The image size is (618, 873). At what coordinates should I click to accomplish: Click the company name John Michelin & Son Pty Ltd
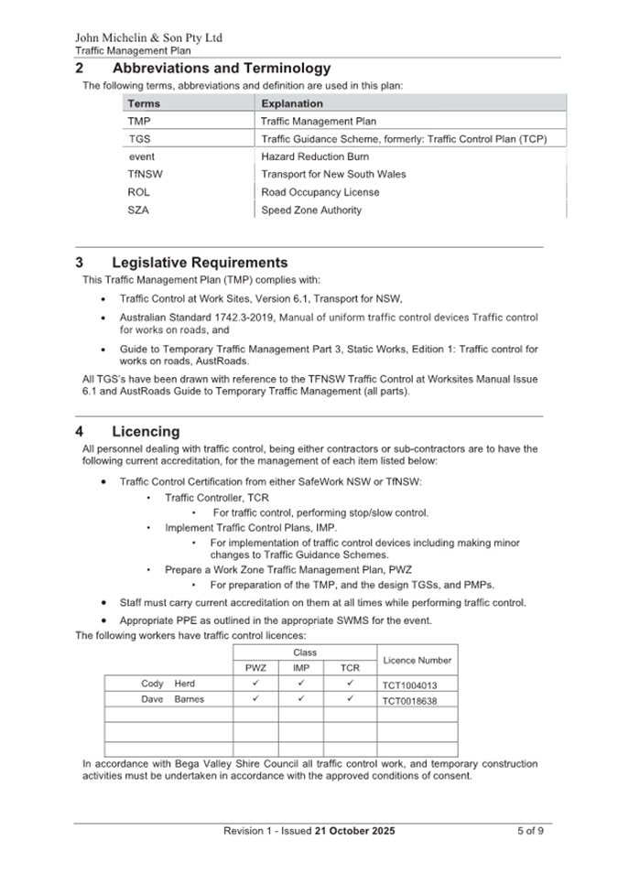coord(148,38)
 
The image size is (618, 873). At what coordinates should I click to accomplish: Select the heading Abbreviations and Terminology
coord(221,69)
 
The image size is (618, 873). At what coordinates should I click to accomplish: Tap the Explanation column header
coord(292,103)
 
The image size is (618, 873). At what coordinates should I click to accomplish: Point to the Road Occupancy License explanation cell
coord(320,192)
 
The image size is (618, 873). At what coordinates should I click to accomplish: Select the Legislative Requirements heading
coord(200,263)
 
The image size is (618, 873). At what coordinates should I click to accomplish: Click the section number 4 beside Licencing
coord(80,431)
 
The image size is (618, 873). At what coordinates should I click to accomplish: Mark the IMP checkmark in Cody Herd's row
coord(300,684)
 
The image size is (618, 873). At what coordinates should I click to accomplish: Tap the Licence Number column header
coord(417,660)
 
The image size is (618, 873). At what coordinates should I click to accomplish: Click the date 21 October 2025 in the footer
coord(355,831)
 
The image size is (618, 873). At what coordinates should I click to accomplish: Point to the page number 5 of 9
coord(529,831)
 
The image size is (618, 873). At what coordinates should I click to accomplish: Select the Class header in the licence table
coord(304,652)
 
